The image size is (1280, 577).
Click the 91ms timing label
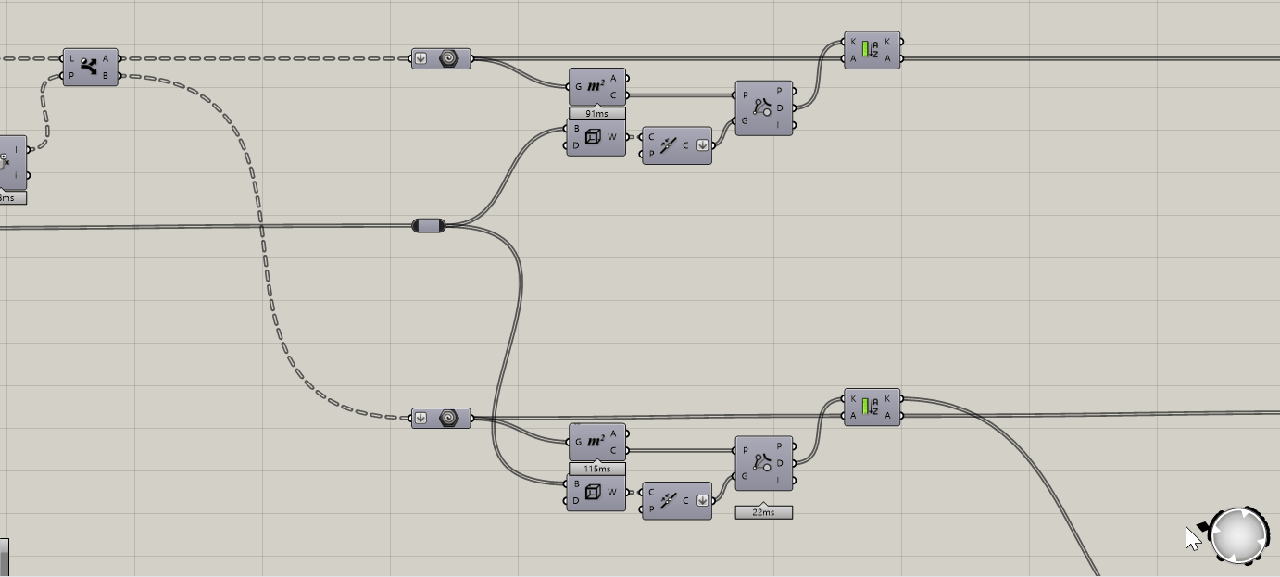[x=596, y=114]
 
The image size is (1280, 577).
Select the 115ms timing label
[x=596, y=469]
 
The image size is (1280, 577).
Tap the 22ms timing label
[x=763, y=512]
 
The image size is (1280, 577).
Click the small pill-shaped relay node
[x=429, y=225]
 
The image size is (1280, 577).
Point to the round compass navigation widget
[x=1239, y=535]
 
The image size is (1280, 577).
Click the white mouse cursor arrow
[x=1192, y=537]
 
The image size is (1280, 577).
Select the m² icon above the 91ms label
[x=596, y=86]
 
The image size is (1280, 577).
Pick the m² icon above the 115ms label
[x=596, y=442]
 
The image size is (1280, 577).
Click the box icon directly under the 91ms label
[x=593, y=137]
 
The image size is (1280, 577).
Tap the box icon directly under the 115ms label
[x=593, y=492]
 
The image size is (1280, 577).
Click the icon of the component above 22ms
[x=762, y=463]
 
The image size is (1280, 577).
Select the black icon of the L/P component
[x=89, y=67]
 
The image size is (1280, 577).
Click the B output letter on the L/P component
[x=107, y=76]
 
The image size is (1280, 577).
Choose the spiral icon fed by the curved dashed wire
[x=448, y=418]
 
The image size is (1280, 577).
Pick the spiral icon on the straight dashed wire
[x=448, y=58]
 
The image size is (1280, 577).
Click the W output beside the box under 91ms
[x=612, y=137]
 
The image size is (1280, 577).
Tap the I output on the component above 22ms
[x=780, y=481]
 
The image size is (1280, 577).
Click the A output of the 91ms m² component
[x=613, y=79]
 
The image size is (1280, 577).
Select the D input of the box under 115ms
[x=576, y=501]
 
